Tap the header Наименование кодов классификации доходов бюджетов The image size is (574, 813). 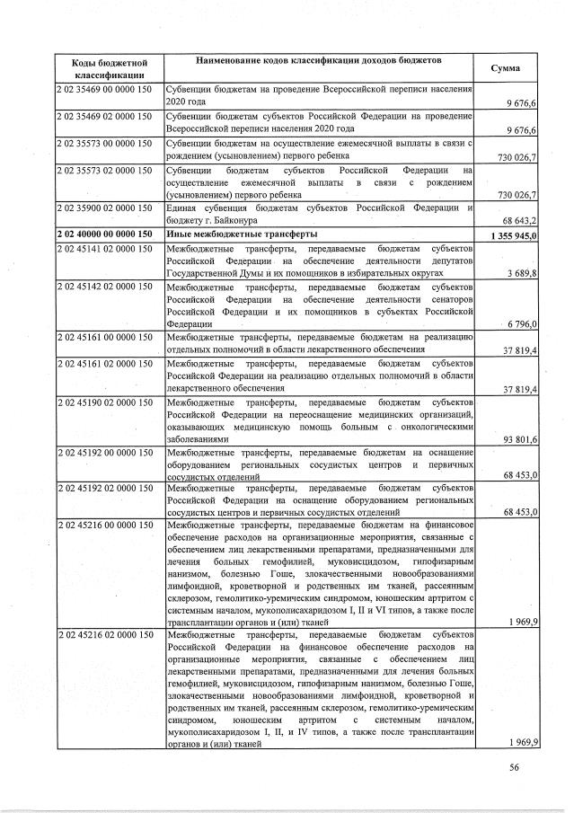(320, 60)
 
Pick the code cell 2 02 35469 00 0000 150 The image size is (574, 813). (103, 91)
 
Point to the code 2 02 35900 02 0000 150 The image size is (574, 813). (103, 208)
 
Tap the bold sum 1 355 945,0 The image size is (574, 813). (514, 235)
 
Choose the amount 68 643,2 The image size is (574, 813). (520, 221)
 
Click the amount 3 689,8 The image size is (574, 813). (523, 274)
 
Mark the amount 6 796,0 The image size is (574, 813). (523, 324)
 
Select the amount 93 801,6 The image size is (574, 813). (520, 439)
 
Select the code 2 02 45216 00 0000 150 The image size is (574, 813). (103, 524)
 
